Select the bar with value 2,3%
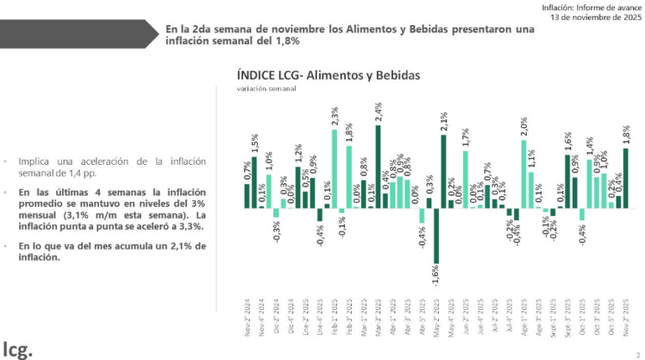tap(334, 168)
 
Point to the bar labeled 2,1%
tap(444, 172)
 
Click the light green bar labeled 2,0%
tap(524, 174)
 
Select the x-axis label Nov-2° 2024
tap(248, 319)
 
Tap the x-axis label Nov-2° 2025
tap(626, 319)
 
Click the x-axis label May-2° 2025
tap(436, 319)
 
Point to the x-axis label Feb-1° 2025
tap(334, 319)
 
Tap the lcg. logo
tap(18, 348)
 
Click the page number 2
tap(637, 353)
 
